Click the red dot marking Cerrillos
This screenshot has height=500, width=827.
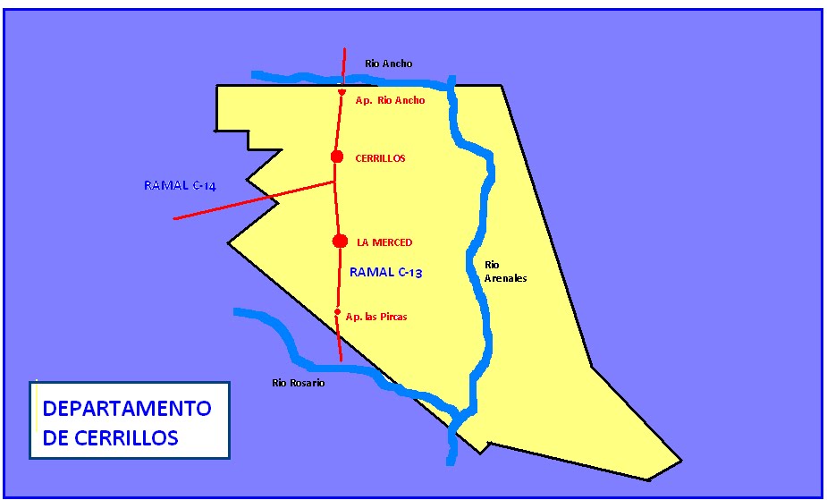tap(337, 157)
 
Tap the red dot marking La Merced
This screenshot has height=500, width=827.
tap(340, 241)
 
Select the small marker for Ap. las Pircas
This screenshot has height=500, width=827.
tap(338, 312)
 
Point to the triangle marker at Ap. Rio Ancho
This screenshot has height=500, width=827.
tap(342, 92)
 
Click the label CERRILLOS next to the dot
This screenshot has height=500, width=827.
tap(380, 158)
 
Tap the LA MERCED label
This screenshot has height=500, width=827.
tap(384, 242)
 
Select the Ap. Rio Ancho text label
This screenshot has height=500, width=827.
tap(390, 101)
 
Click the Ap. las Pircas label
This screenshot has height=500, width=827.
tap(376, 317)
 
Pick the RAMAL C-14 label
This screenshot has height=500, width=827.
tap(180, 186)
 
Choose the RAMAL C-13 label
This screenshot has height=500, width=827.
tap(385, 273)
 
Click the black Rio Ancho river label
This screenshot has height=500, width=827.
tap(389, 64)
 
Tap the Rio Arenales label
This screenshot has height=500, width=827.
tap(505, 272)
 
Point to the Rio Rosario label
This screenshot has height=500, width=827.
tap(299, 383)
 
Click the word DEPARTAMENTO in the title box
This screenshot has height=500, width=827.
tap(127, 409)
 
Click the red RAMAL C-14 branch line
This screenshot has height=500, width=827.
tap(250, 201)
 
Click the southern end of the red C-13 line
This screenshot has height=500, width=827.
tap(342, 360)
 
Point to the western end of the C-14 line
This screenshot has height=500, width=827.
tap(173, 218)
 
